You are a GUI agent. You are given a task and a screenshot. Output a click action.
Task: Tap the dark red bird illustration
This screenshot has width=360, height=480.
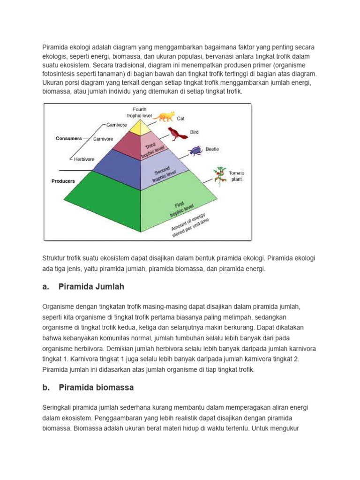tap(177, 134)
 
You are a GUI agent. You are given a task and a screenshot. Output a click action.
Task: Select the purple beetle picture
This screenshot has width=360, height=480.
tap(195, 150)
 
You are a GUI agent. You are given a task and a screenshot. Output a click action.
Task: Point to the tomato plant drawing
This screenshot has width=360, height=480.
tap(219, 176)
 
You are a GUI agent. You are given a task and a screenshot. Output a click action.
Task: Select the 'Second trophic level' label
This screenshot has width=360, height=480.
tap(164, 174)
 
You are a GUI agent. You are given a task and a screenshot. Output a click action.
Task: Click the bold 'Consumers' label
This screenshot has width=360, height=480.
tap(69, 139)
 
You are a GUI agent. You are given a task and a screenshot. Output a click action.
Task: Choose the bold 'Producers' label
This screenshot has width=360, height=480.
tap(63, 181)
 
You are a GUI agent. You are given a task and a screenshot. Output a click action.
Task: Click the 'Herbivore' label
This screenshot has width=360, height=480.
tap(84, 159)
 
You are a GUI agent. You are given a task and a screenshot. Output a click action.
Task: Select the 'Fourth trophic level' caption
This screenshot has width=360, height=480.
tap(139, 112)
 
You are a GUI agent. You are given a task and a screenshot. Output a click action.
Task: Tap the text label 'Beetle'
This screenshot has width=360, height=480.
tap(212, 149)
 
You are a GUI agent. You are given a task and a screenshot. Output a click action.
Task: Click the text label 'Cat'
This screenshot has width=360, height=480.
tap(180, 119)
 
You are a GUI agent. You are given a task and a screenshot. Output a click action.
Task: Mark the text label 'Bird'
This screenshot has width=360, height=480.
tap(194, 132)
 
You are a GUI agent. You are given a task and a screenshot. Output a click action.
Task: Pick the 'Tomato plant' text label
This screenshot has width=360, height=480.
tap(236, 176)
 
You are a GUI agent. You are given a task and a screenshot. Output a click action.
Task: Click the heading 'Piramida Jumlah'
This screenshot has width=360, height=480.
tap(91, 286)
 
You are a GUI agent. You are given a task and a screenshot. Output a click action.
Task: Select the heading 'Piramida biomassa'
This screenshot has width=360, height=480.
tap(96, 388)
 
